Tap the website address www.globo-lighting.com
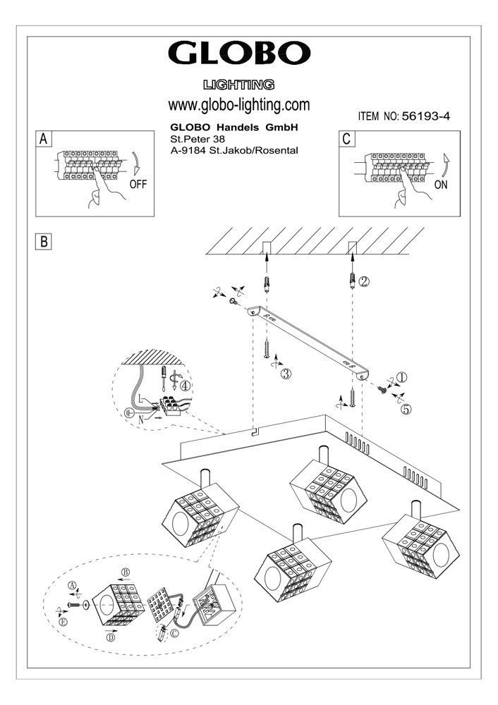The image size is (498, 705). click(239, 105)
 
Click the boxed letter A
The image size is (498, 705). click(44, 138)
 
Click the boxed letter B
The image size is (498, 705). click(44, 241)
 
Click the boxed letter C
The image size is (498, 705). click(346, 138)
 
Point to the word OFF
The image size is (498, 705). click(140, 185)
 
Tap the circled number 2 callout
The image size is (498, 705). click(364, 281)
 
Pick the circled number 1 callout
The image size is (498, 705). click(401, 378)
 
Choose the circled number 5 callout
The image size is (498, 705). click(406, 407)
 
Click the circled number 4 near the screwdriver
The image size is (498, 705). click(185, 386)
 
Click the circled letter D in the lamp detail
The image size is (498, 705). click(110, 639)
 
